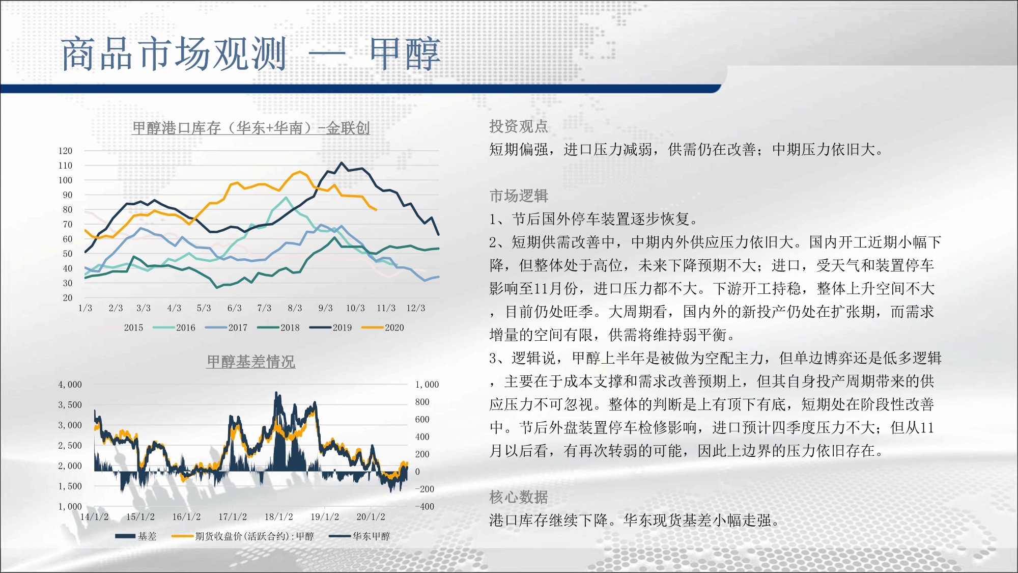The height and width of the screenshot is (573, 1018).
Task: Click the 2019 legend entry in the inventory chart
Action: tap(331, 328)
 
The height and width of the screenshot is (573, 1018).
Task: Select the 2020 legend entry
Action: tap(383, 328)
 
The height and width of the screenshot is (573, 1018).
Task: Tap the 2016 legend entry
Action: tap(174, 328)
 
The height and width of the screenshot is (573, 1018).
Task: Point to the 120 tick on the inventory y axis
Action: tap(66, 151)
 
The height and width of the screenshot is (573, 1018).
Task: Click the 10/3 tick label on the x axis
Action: tap(355, 308)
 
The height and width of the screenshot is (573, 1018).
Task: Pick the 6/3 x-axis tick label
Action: tap(235, 308)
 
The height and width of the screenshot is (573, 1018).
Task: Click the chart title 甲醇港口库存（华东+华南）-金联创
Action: tap(251, 128)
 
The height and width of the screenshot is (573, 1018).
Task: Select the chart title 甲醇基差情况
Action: tap(251, 362)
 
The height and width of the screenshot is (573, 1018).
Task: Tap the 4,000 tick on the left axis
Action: tap(70, 385)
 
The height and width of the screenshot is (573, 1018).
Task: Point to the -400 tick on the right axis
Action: tap(425, 507)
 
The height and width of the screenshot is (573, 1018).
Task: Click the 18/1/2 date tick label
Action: tap(279, 517)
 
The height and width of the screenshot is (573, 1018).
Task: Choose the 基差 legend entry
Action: tap(136, 536)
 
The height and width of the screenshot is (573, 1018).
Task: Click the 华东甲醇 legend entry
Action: tap(359, 536)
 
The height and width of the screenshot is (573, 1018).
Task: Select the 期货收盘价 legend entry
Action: tap(243, 536)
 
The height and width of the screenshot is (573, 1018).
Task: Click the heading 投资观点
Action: tap(519, 126)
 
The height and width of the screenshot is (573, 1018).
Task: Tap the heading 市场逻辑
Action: tap(519, 196)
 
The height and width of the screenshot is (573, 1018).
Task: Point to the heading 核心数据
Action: tap(519, 497)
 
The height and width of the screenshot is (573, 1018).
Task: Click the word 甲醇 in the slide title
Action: tap(405, 53)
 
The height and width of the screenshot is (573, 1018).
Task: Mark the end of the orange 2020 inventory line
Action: tap(376, 209)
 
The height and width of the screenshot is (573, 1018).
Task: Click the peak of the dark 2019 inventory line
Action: tap(342, 163)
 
